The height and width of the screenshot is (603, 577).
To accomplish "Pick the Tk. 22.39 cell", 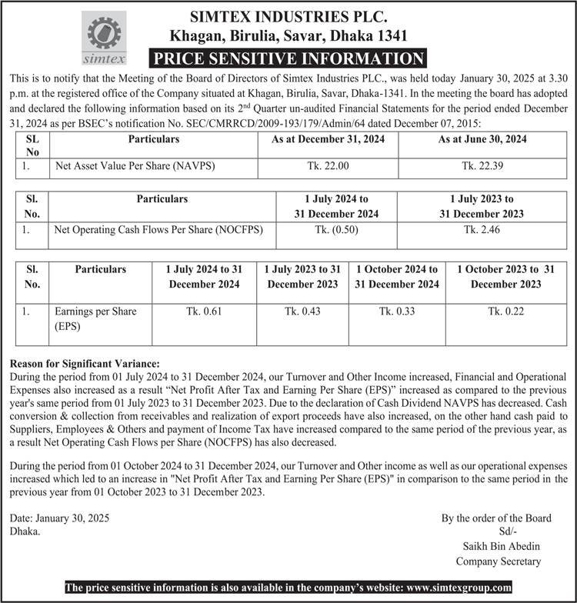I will click(x=482, y=165).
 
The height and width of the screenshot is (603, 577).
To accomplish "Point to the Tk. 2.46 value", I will click(x=482, y=229).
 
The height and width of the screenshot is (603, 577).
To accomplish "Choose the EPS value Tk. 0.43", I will click(x=302, y=311).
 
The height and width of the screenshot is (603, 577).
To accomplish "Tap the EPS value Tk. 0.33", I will click(x=396, y=311).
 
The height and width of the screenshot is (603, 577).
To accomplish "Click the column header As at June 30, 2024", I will click(x=482, y=139).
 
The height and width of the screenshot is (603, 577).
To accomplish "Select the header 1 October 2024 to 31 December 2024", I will click(x=396, y=277).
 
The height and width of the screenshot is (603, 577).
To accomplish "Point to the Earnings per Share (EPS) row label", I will click(x=95, y=318).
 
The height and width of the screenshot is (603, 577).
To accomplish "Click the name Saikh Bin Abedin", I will click(x=498, y=546).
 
